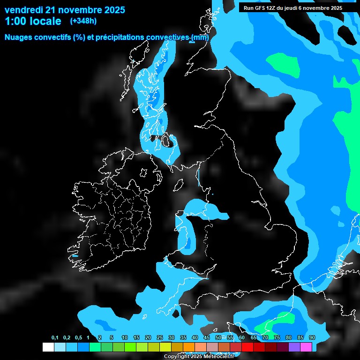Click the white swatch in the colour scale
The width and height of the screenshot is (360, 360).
pyautogui.click(x=48, y=347)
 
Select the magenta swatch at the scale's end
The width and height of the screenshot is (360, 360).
pyautogui.click(x=306, y=347)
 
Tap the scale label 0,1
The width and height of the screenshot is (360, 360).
pyautogui.click(x=55, y=338)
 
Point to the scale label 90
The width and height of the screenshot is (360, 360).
pyautogui.click(x=312, y=338)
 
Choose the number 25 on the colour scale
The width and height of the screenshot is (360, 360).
pyautogui.click(x=159, y=338)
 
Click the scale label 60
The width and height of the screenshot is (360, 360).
pyautogui.click(x=241, y=338)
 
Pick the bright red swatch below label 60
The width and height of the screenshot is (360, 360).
pyautogui.click(x=247, y=347)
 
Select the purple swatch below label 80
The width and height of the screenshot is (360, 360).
pyautogui.click(x=294, y=347)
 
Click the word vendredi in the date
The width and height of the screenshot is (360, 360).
pyautogui.click(x=23, y=10)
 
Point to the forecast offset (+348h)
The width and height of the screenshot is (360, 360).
pyautogui.click(x=83, y=21)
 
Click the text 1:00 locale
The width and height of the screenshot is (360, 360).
pyautogui.click(x=33, y=21)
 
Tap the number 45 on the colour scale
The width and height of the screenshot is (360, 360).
pyautogui.click(x=206, y=338)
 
